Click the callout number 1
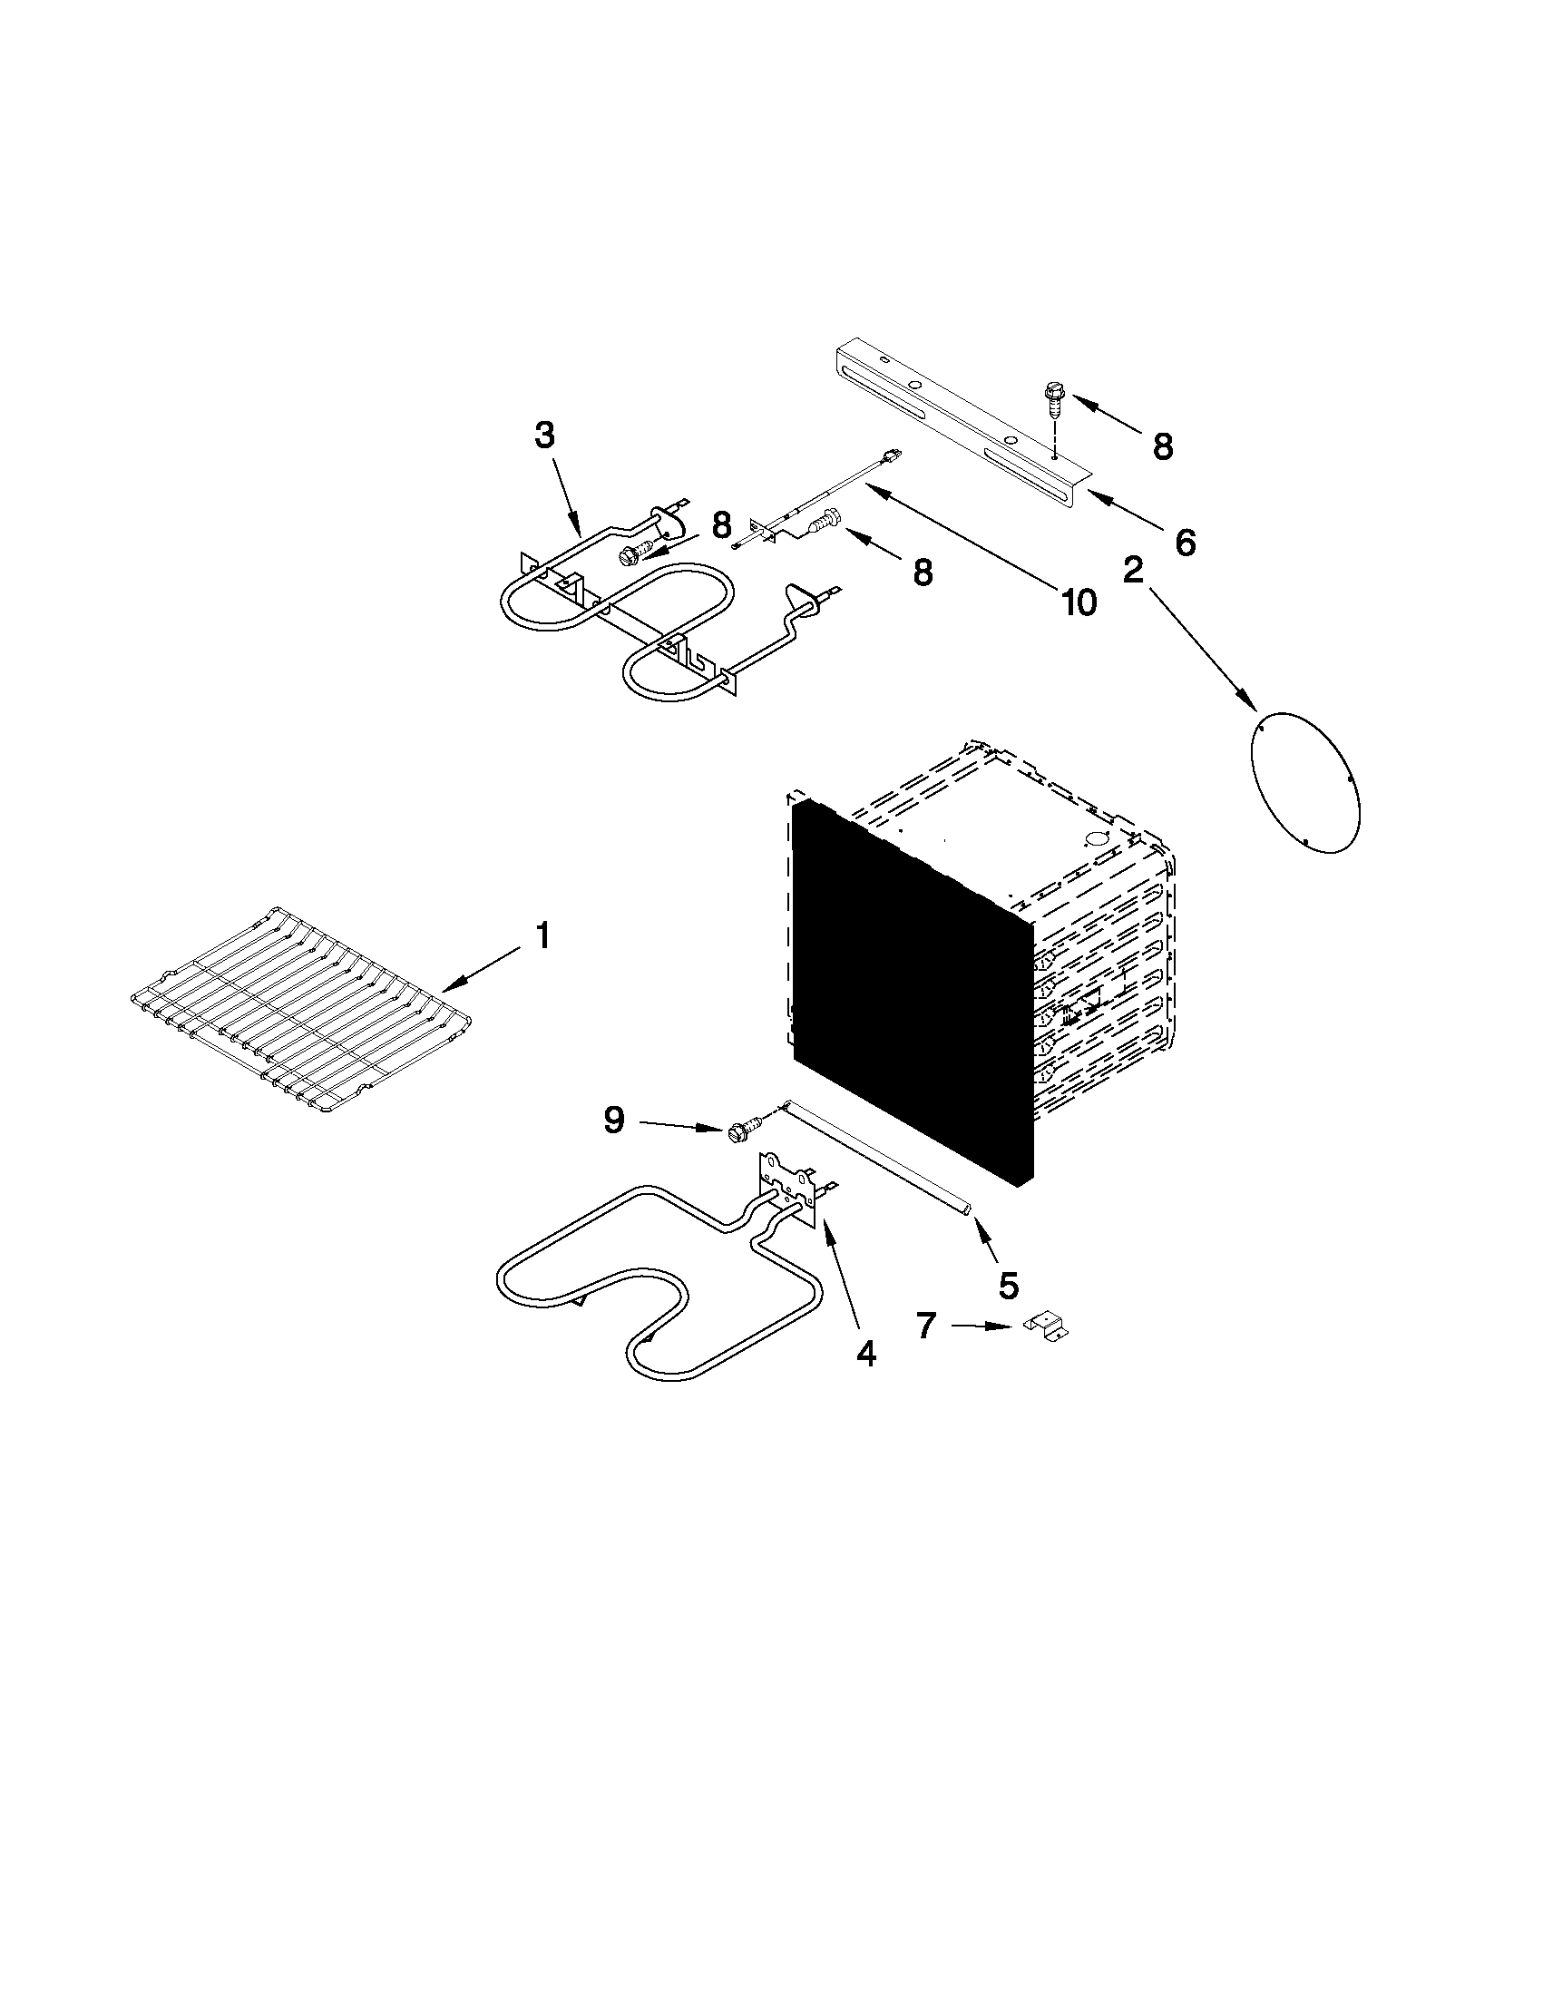[542, 936]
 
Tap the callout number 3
[544, 436]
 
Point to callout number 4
[864, 1354]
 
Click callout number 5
[1007, 1286]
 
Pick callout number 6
[1184, 542]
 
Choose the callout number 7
[926, 1325]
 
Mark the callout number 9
[614, 1120]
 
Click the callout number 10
[1079, 602]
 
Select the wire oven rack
[302, 1011]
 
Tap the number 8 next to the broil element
[722, 524]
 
